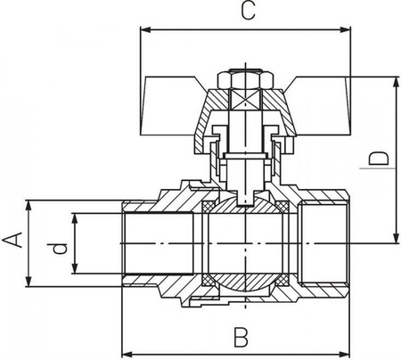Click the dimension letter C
248,11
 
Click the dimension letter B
241,337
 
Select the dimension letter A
12,240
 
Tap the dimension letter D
379,159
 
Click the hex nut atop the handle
245,79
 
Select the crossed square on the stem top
245,100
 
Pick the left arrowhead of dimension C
145,29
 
